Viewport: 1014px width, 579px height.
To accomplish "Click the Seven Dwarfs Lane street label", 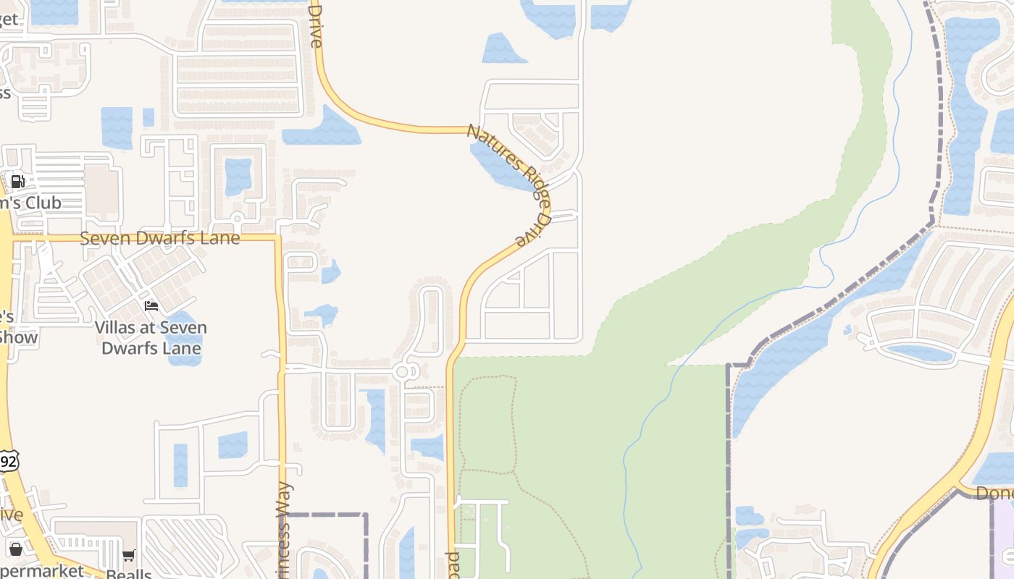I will click(159, 237).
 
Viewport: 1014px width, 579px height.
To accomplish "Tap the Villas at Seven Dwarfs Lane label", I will click(151, 337).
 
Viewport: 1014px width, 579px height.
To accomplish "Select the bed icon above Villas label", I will click(151, 306).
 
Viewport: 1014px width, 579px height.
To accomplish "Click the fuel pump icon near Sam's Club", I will click(18, 182).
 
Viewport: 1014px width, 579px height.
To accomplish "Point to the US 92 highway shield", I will click(8, 460).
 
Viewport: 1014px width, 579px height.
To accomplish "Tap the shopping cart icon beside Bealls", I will click(129, 556).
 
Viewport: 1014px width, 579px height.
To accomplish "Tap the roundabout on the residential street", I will click(403, 372).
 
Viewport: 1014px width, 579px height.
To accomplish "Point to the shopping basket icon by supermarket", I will click(15, 549).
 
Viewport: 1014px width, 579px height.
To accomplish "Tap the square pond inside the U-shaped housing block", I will click(238, 176).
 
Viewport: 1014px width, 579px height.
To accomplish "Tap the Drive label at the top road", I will click(315, 25).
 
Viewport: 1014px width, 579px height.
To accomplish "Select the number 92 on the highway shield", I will click(8, 461).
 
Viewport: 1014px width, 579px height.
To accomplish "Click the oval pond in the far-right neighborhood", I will click(918, 353).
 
